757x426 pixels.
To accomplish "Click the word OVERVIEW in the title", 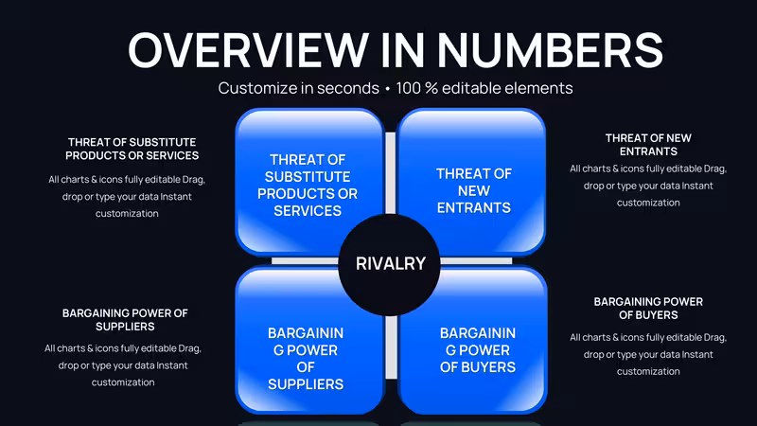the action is coord(249,50).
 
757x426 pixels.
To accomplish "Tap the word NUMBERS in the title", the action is coord(551,50).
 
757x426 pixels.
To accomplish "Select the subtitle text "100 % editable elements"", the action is coord(484,88).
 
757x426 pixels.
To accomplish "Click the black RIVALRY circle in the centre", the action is coord(389,264).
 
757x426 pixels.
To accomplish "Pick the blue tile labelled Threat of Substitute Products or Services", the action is coord(309,181).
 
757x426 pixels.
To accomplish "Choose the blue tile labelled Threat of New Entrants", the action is coord(471,181).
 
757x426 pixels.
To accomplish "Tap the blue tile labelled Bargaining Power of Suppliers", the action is coord(309,340).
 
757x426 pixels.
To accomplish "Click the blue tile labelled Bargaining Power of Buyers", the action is coord(472,340).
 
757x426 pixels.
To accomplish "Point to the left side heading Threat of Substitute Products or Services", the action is coord(132,149).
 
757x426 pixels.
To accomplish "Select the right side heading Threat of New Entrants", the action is coord(648,145).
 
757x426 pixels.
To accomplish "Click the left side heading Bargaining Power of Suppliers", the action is coord(125,320).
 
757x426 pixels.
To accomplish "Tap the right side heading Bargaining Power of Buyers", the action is coord(648,309).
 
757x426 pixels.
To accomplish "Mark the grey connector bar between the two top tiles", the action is coord(391,172).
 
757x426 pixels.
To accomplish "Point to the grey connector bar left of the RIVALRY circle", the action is coord(305,261).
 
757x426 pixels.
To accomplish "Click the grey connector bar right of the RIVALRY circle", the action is coord(476,261).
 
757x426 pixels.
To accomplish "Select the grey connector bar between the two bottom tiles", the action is coord(391,347).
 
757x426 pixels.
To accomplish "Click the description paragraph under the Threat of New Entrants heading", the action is coord(648,186).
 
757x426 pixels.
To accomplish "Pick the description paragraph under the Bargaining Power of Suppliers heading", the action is coord(123,365).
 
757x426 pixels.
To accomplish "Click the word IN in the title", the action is coord(404,50).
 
